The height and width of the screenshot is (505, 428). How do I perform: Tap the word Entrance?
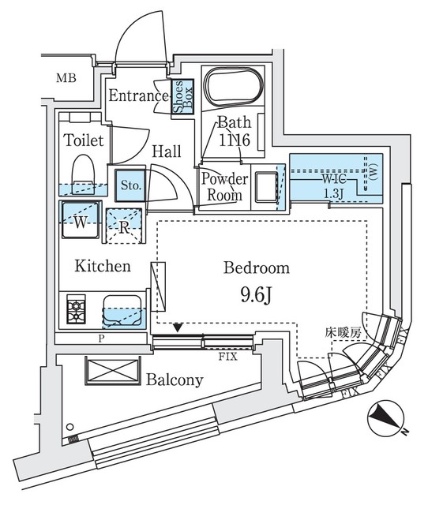point(139,98)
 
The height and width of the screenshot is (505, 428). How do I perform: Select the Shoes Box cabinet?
point(179,98)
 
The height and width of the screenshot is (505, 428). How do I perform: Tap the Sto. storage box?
point(130,187)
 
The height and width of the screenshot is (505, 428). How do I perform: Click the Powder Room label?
point(223,186)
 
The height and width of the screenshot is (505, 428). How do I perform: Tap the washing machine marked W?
point(80,220)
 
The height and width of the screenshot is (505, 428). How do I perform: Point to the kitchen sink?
point(122,309)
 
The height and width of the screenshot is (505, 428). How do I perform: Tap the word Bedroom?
point(257,268)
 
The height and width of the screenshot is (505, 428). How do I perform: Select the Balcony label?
point(174,380)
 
